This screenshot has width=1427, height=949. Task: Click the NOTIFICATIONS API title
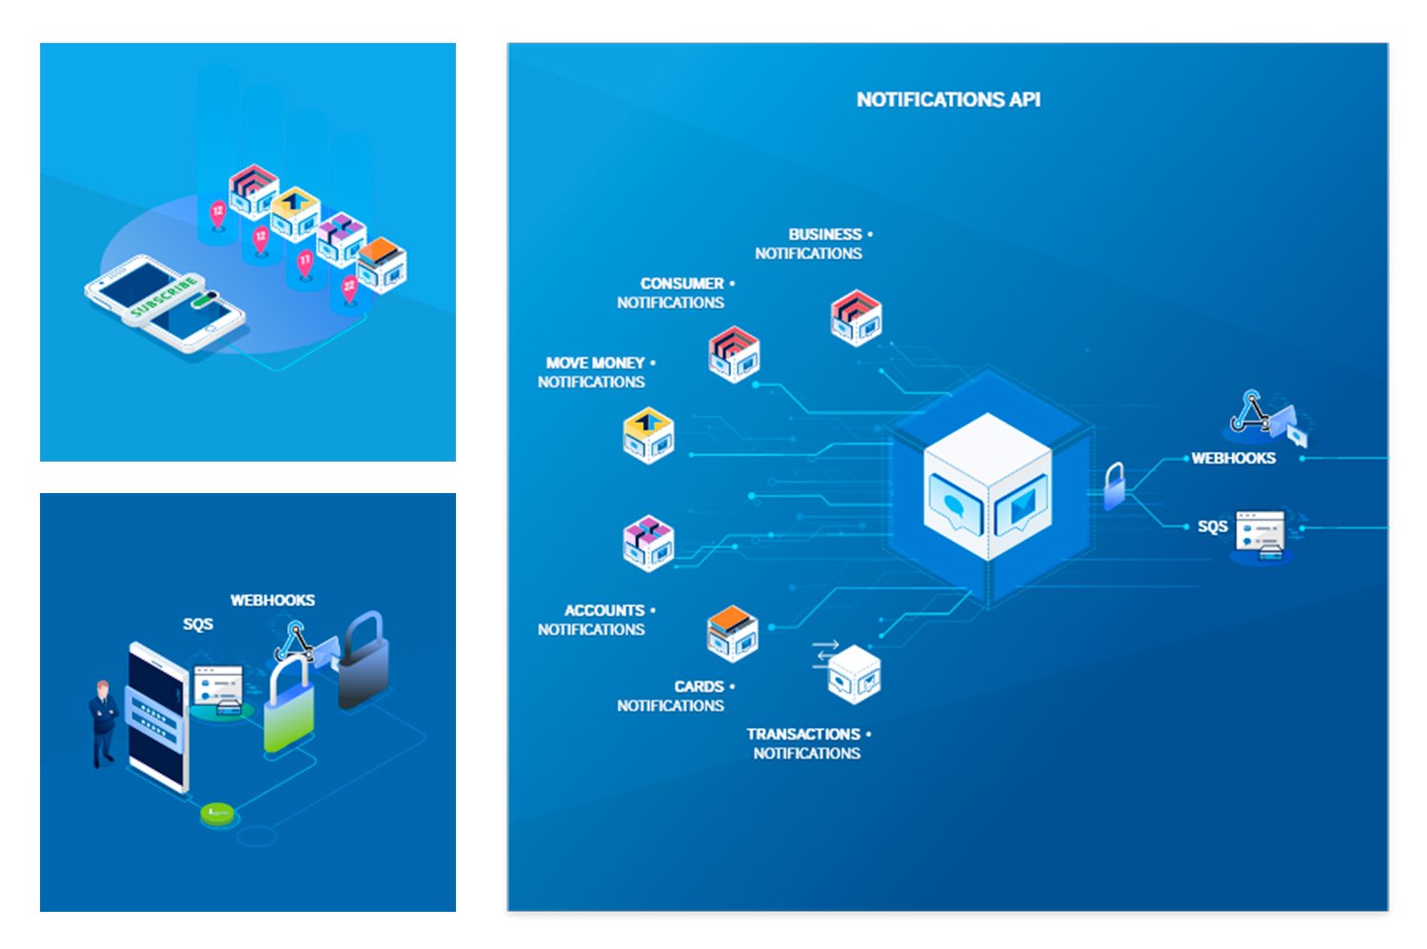pyautogui.click(x=948, y=100)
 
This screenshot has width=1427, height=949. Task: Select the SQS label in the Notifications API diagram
pyautogui.click(x=1212, y=526)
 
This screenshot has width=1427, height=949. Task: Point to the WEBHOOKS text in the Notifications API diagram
pyautogui.click(x=1234, y=458)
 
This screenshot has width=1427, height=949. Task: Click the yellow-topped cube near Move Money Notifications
pyautogui.click(x=649, y=435)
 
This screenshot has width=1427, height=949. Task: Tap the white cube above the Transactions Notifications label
pyautogui.click(x=854, y=674)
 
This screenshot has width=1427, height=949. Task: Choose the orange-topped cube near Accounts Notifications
pyautogui.click(x=732, y=633)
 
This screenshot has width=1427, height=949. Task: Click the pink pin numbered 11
pyautogui.click(x=305, y=262)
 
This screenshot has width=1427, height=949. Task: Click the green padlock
pyautogui.click(x=288, y=709)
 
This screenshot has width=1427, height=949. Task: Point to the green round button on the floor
pyautogui.click(x=217, y=813)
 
